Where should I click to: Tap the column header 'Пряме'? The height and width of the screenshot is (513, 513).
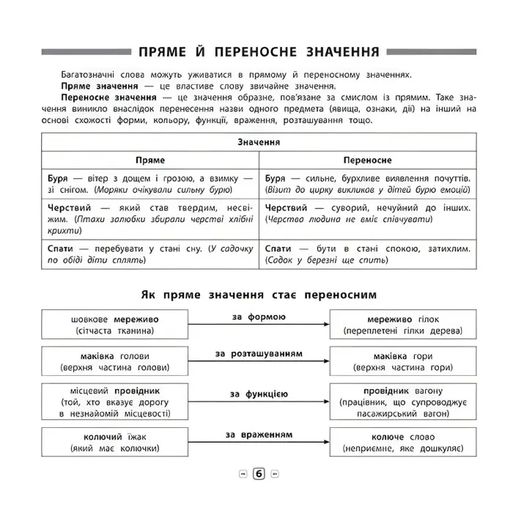tap(151, 160)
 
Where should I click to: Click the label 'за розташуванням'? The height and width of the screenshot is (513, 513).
tap(258, 354)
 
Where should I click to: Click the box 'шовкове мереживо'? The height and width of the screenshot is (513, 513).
tap(114, 325)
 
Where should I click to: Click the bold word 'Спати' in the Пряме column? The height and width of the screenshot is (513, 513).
tap(61, 248)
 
